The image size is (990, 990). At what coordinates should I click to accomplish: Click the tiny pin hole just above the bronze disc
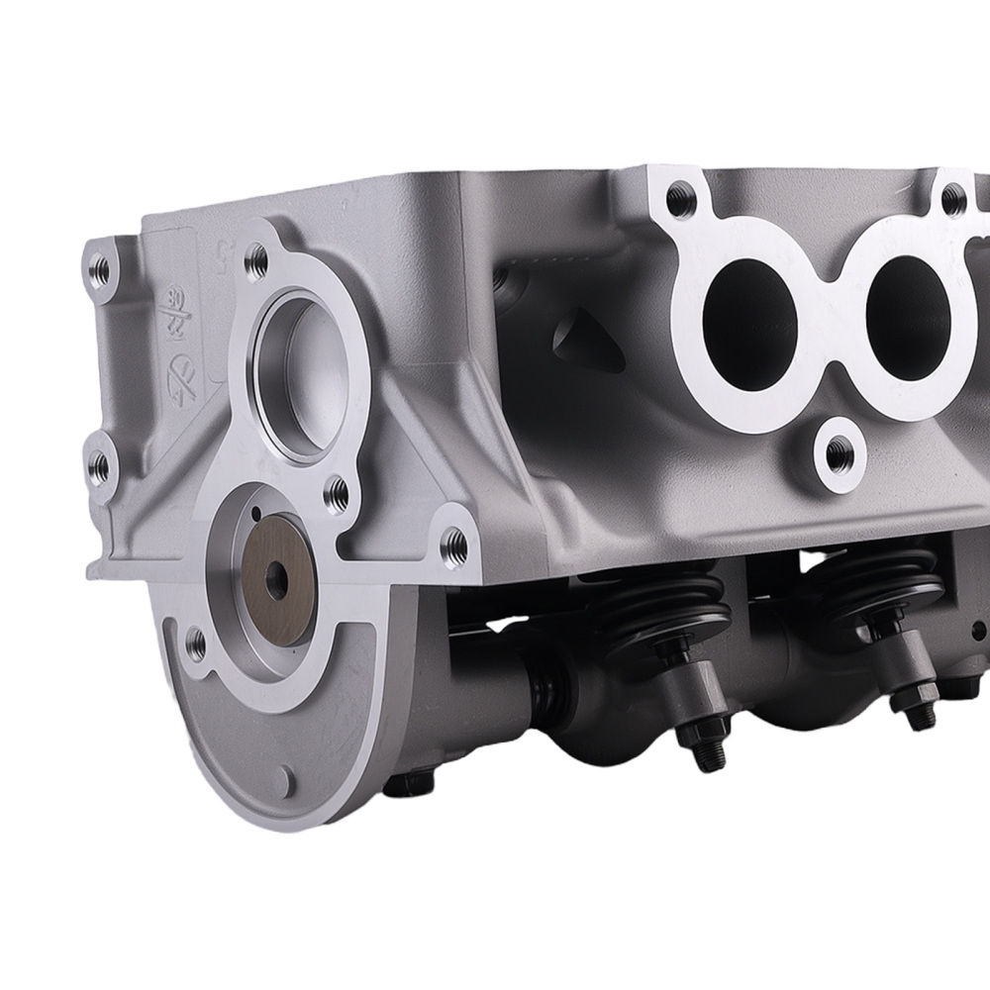point(255,513)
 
